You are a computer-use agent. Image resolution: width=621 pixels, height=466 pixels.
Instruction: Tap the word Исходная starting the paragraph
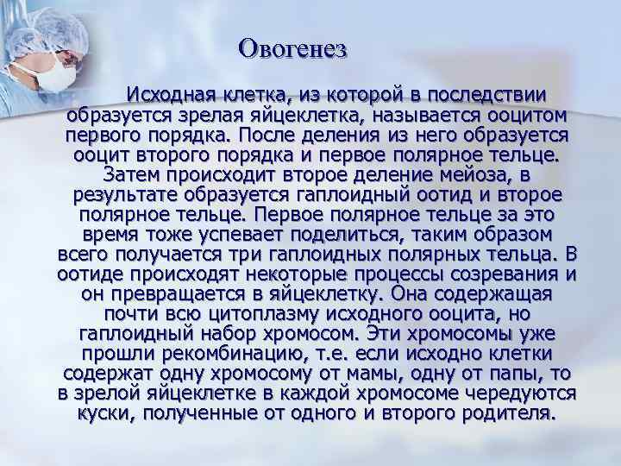point(168,94)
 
